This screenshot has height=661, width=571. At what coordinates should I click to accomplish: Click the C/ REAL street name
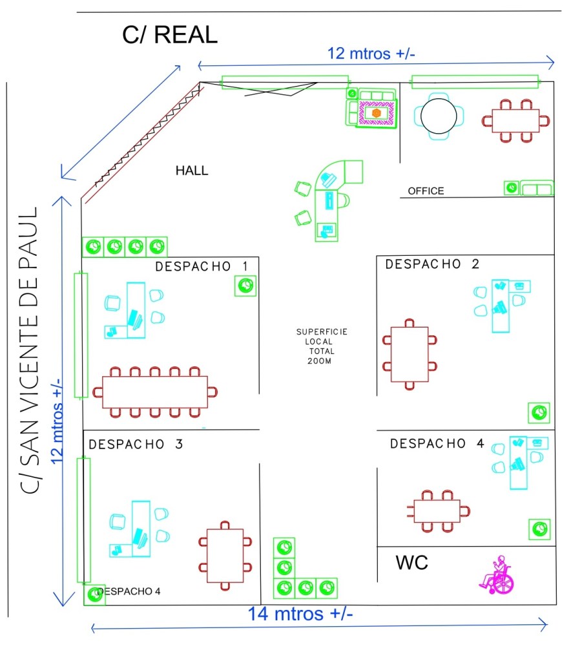(x=170, y=36)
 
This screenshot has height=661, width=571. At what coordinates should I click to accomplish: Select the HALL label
(x=192, y=171)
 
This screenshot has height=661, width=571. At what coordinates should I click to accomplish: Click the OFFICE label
(x=426, y=191)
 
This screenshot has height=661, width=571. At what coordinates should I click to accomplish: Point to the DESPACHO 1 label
(x=202, y=266)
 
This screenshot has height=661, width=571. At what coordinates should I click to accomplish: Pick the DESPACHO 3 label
(x=136, y=445)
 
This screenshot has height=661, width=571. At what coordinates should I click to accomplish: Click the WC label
(x=411, y=563)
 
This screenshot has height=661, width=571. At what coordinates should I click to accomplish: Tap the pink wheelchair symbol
(x=496, y=576)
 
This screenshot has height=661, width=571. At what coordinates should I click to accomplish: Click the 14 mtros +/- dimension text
(x=300, y=613)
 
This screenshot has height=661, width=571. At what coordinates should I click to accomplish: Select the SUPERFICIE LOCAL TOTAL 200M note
(x=321, y=346)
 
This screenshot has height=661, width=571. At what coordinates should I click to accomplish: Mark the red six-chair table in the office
(x=515, y=120)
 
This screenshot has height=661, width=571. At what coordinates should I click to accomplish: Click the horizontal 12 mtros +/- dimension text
(x=371, y=54)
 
